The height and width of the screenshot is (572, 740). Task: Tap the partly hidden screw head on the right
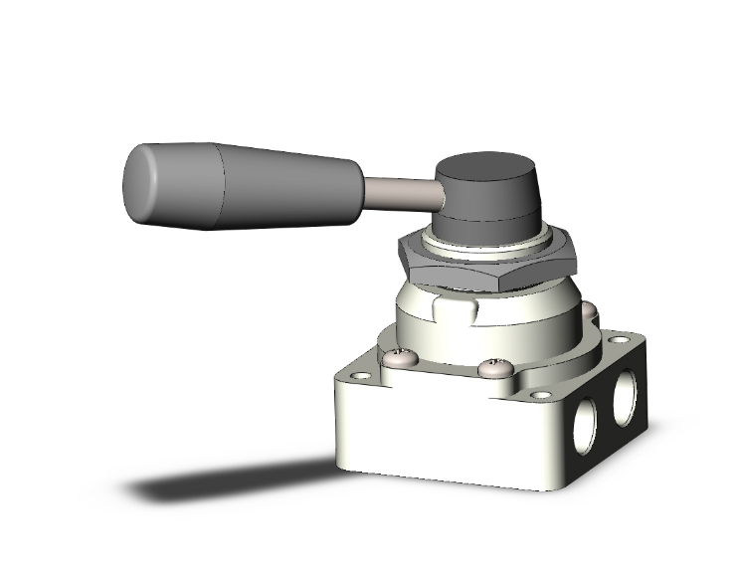tap(590, 316)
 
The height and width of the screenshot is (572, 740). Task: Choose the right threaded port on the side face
tap(625, 394)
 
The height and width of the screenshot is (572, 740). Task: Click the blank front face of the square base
tap(438, 438)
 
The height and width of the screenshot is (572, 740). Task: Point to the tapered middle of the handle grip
tap(288, 187)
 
